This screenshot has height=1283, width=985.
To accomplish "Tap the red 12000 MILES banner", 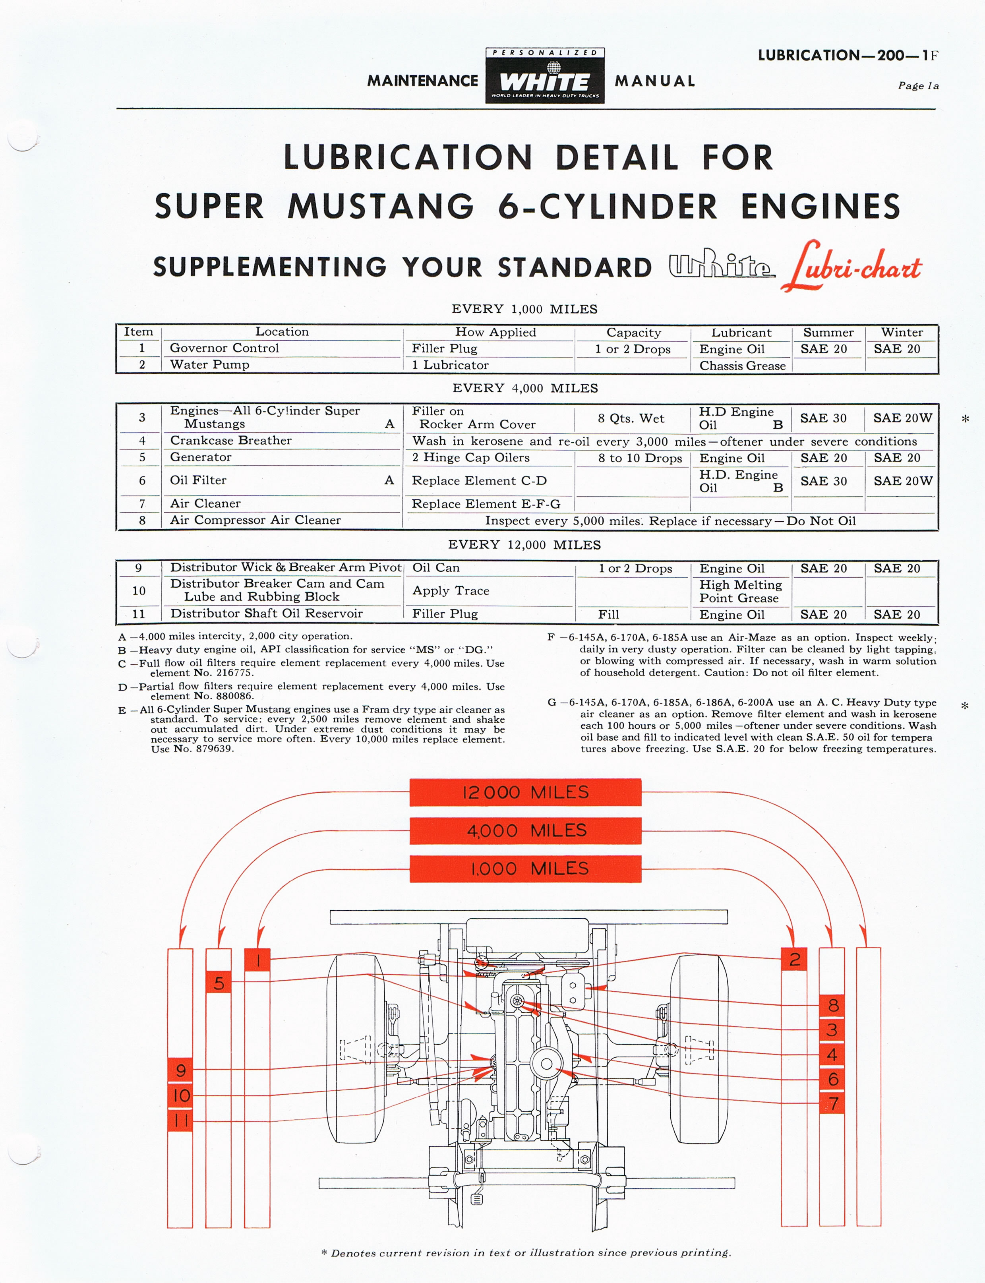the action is coord(525,792).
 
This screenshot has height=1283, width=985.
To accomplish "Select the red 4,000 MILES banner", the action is coord(525,830).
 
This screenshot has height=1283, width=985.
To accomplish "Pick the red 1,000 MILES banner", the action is coord(525,869).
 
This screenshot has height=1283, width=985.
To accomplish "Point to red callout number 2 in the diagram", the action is coord(794,959).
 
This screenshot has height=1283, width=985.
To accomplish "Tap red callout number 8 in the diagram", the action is coord(832,1006).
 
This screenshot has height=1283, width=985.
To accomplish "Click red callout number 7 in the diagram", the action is coord(832,1103).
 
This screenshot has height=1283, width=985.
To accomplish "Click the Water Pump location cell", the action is coord(209,364).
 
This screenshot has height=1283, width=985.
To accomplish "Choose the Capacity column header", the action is coord(633,333).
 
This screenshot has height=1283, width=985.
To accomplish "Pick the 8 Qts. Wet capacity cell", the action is coord(631,418).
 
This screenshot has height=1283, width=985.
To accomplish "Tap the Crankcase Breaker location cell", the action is coord(230,440).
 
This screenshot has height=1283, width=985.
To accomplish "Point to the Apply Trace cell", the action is coord(450,590).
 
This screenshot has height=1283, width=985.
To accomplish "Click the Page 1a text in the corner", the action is coord(918,85).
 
